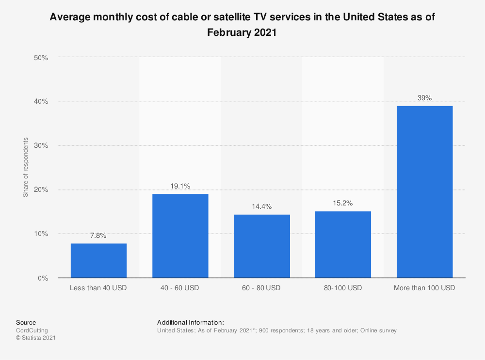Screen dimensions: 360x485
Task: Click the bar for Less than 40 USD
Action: [x=98, y=261]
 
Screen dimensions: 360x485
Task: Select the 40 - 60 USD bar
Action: [x=180, y=236]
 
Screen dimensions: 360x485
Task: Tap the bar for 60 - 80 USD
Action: [x=261, y=246]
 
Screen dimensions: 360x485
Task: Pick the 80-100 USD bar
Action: [x=343, y=244]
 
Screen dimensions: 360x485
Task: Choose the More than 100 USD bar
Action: [x=424, y=192]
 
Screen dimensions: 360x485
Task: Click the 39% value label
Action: [x=424, y=98]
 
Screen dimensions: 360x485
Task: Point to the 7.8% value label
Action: [x=98, y=235]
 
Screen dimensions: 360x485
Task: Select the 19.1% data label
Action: [x=180, y=186]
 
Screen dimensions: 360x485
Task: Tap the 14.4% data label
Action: [x=261, y=206]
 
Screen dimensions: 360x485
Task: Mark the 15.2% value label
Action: [x=343, y=203]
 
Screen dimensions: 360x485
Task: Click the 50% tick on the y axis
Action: [x=41, y=58]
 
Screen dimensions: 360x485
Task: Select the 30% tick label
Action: [x=41, y=146]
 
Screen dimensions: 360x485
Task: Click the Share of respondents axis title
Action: [x=25, y=168]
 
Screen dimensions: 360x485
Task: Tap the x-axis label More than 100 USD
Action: [x=424, y=288]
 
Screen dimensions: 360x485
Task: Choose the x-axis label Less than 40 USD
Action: [x=98, y=288]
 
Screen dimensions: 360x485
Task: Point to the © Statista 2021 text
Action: [x=36, y=338]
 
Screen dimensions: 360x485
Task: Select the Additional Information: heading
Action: [x=191, y=322]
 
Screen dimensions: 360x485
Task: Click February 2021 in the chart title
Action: [x=242, y=32]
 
